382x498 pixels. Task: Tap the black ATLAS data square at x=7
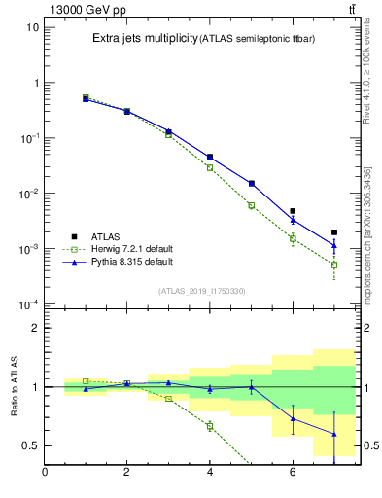point(334,232)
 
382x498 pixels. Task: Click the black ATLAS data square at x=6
point(293,211)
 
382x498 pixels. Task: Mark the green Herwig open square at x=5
point(251,205)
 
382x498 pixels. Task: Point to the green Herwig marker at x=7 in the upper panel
point(334,265)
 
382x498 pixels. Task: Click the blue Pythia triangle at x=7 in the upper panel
point(334,245)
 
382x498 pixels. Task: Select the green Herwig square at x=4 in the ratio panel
point(210,426)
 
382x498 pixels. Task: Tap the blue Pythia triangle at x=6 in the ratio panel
point(293,418)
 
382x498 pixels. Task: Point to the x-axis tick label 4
point(210,473)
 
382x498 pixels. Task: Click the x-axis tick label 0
point(45,473)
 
